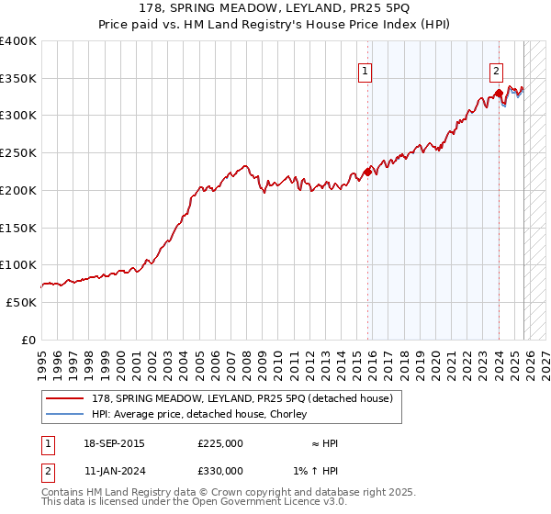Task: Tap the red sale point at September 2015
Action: [367, 171]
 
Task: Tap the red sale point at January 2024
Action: [498, 93]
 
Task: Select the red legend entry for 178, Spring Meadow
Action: [242, 398]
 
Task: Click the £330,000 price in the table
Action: [220, 471]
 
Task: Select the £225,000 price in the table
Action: [220, 444]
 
